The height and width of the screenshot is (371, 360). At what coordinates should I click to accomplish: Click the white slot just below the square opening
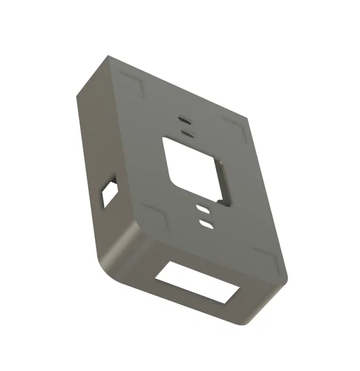pyautogui.click(x=203, y=209)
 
